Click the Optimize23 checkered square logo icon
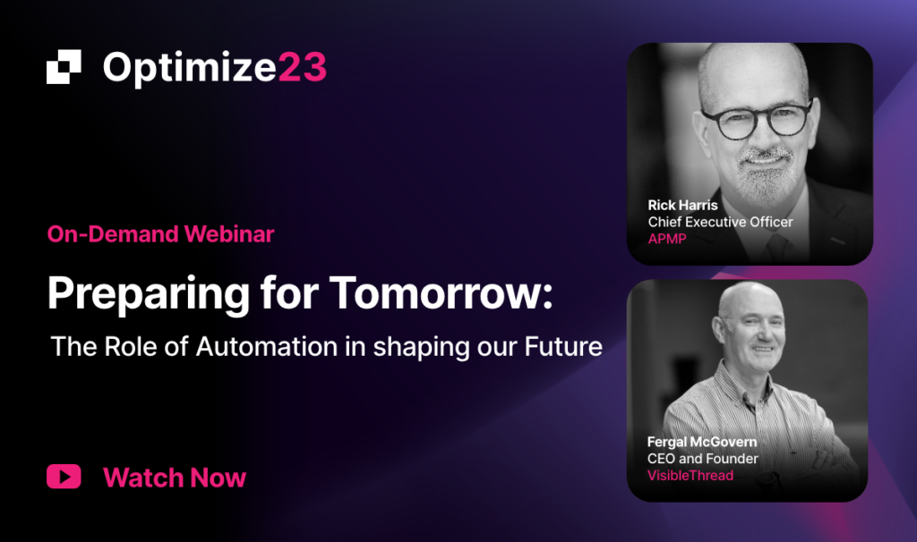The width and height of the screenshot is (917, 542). pos(64,66)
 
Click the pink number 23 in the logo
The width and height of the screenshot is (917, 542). pos(302,67)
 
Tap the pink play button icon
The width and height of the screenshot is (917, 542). pos(64,477)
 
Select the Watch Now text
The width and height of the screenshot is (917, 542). pos(175,478)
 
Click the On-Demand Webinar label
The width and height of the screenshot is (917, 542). pos(160,234)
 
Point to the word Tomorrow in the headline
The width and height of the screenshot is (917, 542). pos(441,292)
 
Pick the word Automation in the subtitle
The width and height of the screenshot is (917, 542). pos(267,346)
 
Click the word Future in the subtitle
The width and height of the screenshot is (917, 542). pos(563,346)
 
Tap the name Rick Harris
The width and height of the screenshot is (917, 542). pos(682,205)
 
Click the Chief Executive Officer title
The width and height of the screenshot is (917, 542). pos(721,222)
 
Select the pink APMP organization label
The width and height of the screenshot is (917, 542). pos(667,239)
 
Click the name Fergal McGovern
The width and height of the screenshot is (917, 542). pos(702,442)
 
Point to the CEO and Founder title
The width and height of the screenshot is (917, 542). pos(702,459)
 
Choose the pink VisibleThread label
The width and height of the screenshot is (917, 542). pos(690,476)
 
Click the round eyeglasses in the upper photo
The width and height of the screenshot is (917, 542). pos(757,119)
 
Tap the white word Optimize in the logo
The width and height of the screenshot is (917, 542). pos(190,69)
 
